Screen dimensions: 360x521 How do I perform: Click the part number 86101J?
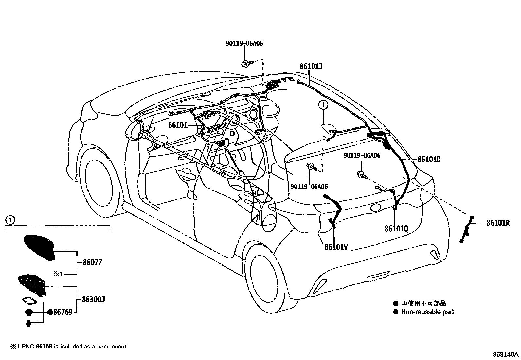[x=311, y=66]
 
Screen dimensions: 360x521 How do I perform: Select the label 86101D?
[x=429, y=160]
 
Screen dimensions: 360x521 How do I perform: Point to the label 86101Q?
[x=396, y=228]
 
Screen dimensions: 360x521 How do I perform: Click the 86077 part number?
[x=92, y=262]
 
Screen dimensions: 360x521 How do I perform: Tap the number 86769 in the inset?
[x=63, y=312]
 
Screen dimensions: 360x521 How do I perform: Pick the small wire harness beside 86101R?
[x=467, y=229]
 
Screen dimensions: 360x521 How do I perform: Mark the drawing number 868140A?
[x=506, y=354]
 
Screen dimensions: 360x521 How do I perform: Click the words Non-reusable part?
[x=427, y=312]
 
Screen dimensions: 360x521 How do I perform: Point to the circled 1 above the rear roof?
[x=323, y=105]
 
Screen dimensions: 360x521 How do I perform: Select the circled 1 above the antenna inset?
[x=10, y=219]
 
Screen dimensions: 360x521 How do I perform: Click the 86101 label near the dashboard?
[x=178, y=125]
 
